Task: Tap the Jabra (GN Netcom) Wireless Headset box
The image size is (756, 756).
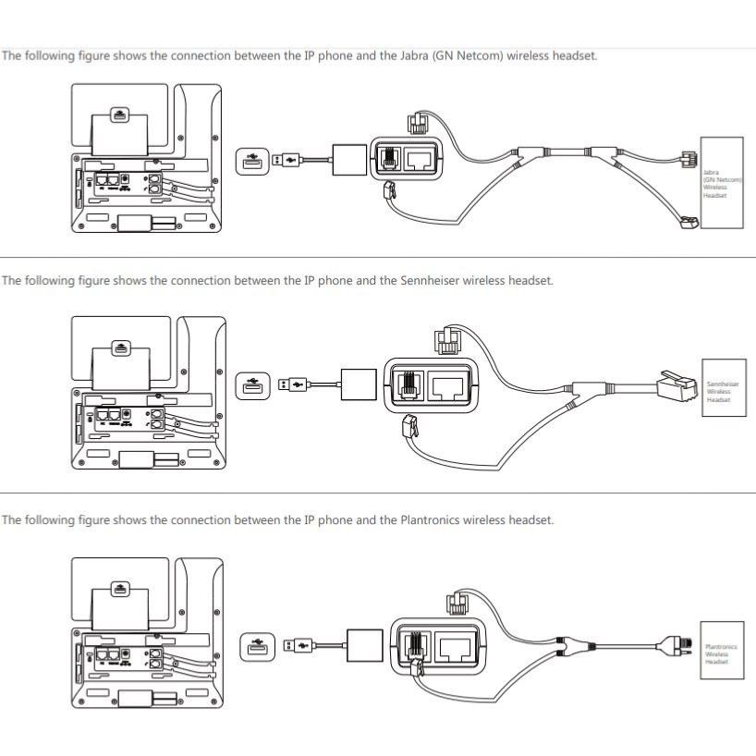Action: [x=722, y=183]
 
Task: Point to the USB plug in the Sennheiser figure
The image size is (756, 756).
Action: [x=299, y=383]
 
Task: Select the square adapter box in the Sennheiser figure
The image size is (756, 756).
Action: [x=359, y=384]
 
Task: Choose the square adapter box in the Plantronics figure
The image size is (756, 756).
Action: [x=364, y=644]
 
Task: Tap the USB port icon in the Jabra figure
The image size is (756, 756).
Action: [x=251, y=162]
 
